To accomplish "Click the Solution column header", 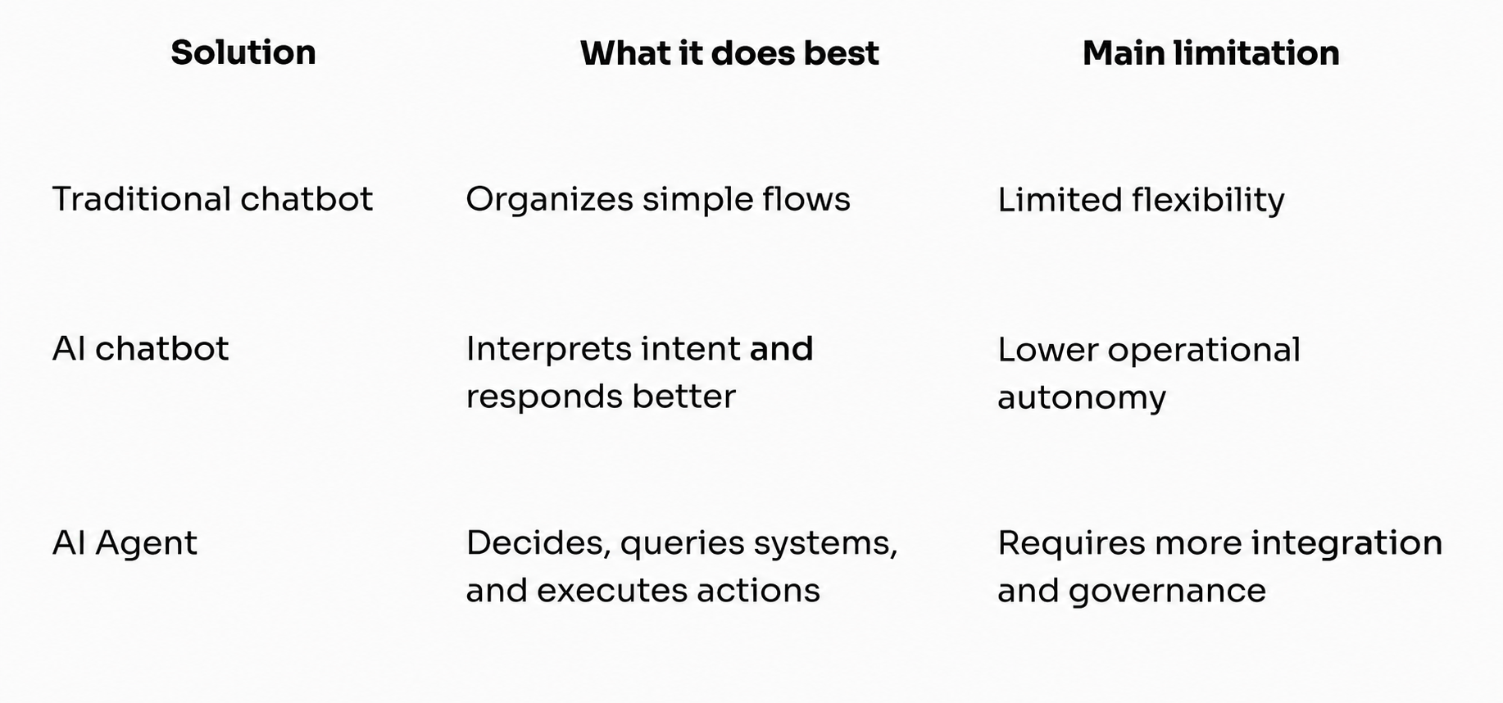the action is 243,52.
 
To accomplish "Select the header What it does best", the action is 729,53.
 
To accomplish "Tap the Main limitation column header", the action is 1211,53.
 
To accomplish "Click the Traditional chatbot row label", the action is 212,199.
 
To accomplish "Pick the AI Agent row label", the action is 125,543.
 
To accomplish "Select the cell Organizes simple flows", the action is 658,200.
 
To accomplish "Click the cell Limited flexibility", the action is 1141,201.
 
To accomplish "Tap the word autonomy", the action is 1082,398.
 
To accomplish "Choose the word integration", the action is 1346,543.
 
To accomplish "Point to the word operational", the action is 1204,351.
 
